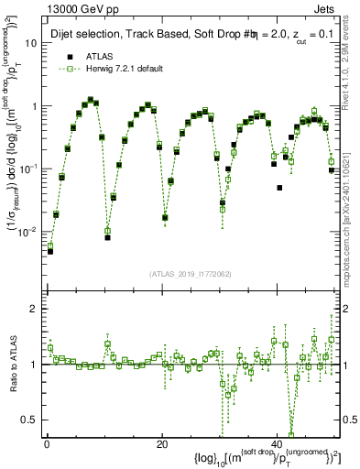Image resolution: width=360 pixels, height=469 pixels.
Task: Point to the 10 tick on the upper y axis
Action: point(31,43)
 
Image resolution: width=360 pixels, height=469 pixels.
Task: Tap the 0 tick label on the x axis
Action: point(46,444)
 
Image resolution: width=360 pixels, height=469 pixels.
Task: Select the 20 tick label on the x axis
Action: point(161,444)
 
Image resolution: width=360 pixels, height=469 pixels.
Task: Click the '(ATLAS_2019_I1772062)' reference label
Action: point(191,274)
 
